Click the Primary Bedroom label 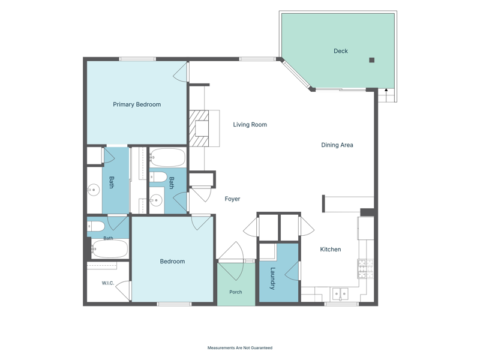tap(137, 104)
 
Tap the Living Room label tap(250, 125)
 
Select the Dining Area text tap(337, 145)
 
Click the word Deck tap(341, 51)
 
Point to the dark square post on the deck tap(371, 60)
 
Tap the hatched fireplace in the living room tap(199, 128)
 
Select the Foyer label tap(232, 199)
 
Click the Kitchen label tap(331, 250)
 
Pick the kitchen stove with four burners tap(366, 269)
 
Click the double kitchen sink tap(340, 294)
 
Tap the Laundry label tap(272, 278)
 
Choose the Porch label tap(236, 292)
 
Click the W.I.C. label tap(108, 283)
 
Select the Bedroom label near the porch tap(172, 262)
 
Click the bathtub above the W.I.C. tap(110, 248)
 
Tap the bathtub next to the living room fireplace tap(167, 157)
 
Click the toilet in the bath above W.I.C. tap(96, 227)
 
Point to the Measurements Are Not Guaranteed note tap(240, 348)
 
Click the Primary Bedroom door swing tap(180, 72)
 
